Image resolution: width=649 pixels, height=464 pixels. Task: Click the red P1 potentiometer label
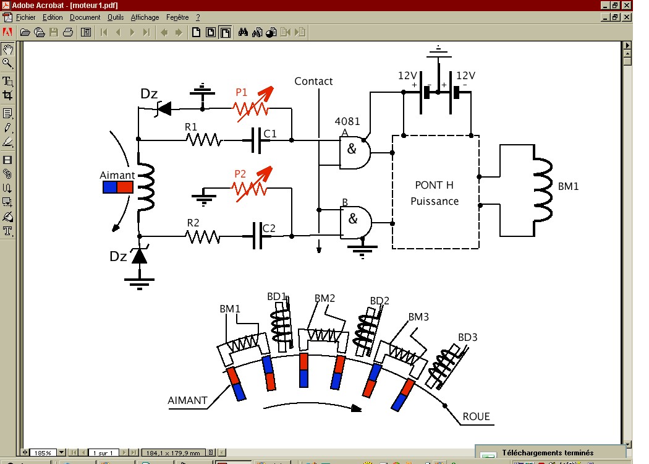coord(241,92)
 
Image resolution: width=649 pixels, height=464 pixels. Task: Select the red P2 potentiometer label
coord(240,174)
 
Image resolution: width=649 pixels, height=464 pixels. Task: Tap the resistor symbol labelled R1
coord(203,140)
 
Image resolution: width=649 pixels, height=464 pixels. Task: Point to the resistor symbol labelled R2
coord(202,237)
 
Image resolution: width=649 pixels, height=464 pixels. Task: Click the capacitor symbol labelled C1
coord(257,140)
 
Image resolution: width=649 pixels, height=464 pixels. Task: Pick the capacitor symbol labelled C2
coord(258,236)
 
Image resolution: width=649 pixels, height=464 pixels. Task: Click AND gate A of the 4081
coord(355,153)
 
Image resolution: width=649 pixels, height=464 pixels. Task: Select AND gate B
coord(355,223)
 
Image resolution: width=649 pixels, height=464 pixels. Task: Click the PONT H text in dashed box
coord(434,185)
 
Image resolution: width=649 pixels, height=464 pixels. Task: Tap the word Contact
coord(313,81)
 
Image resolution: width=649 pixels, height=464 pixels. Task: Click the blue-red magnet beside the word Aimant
coord(118,187)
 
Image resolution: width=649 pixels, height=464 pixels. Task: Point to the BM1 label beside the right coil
coord(568,186)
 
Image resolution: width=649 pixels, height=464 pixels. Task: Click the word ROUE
coord(476,416)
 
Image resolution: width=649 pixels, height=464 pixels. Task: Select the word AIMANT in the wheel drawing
coord(187,400)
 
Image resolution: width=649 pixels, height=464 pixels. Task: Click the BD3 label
coord(468,337)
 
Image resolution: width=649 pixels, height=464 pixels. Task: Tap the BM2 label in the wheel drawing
coord(324,298)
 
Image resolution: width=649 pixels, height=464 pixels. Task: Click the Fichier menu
coord(26,17)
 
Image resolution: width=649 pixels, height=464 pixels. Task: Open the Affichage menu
coord(145,17)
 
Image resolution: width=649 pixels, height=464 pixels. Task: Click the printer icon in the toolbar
coord(68,32)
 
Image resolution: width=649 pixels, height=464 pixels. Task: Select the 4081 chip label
coord(347,121)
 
